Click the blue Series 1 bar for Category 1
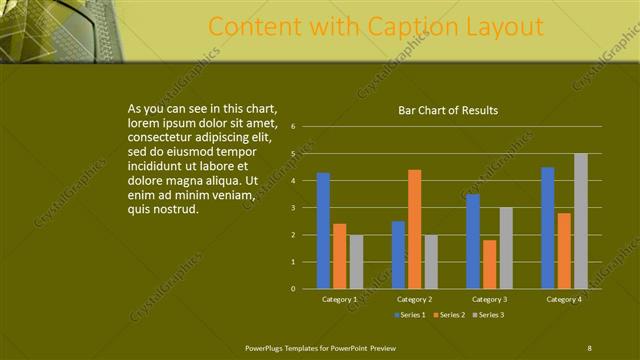point(323,231)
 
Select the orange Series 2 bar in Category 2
point(414,229)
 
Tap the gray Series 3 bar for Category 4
point(580,221)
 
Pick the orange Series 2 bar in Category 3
point(490,264)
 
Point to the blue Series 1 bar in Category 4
point(548,228)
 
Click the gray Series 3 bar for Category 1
point(356,262)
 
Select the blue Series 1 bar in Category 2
point(398,255)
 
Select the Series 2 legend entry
point(447,315)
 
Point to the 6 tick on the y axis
point(293,127)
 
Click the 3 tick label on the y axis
point(293,208)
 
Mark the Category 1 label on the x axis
point(340,299)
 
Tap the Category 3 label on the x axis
point(490,299)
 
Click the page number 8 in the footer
point(589,347)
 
